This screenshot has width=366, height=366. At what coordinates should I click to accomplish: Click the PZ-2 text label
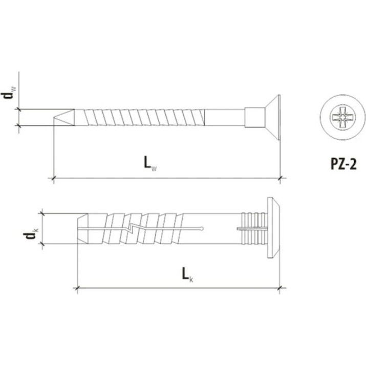click(343, 164)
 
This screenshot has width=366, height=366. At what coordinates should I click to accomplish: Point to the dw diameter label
click(8, 93)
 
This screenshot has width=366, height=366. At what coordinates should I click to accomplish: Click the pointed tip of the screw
click(54, 118)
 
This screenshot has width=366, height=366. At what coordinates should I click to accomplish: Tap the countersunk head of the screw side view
click(272, 117)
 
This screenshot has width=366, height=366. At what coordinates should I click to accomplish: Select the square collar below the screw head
click(254, 117)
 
